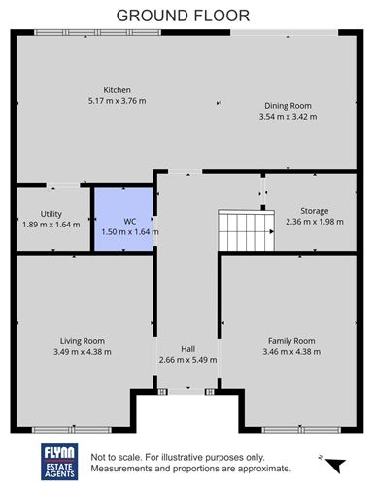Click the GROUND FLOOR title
[183, 16]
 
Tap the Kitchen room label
[118, 90]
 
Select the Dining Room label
[288, 106]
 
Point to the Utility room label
[51, 213]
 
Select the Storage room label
[314, 210]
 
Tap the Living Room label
[83, 341]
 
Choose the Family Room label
[291, 341]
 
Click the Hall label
[187, 348]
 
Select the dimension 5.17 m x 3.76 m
[118, 100]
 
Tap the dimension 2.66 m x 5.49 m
[187, 359]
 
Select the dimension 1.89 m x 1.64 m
[51, 224]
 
